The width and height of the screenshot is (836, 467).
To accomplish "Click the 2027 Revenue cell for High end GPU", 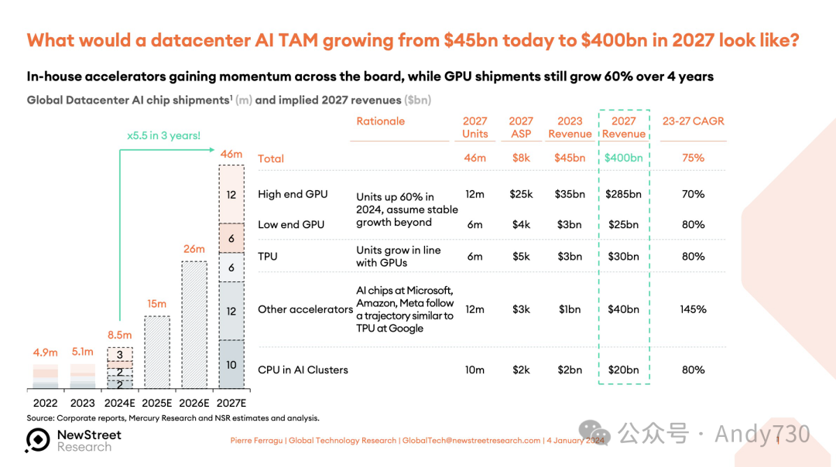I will coord(623,194).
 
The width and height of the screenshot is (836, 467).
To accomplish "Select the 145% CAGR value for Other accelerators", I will coord(693,309).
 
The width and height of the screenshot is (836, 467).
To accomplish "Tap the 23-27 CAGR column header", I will coord(693,121).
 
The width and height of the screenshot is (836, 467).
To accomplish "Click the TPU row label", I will coord(268,256).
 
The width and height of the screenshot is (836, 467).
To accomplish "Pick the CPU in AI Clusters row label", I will coord(303,370).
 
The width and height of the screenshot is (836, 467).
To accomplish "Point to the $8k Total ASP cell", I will coord(521,159).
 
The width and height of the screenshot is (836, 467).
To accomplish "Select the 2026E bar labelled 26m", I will coord(194,325).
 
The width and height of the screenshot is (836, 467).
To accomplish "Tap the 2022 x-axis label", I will coord(45,403).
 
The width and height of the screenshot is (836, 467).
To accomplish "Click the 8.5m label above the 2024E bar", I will coord(118,336).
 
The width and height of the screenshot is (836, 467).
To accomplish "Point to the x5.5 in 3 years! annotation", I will coord(163,135).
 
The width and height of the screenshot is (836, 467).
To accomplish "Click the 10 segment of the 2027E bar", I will coord(231,364).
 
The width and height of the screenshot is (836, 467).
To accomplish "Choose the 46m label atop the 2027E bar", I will coord(231,155).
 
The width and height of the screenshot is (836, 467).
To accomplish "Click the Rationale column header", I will coord(380,121).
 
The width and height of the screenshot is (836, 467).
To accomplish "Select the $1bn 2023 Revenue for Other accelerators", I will coord(570,309).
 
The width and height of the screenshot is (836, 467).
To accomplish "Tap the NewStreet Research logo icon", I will coord(37,440).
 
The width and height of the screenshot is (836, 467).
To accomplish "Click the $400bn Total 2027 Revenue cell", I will coord(623,159).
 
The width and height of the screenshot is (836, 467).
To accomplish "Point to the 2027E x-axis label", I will coord(231,403).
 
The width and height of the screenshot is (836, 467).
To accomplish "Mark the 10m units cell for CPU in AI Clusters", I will coord(475,370).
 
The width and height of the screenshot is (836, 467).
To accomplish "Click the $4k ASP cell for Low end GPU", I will coord(521,224).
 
